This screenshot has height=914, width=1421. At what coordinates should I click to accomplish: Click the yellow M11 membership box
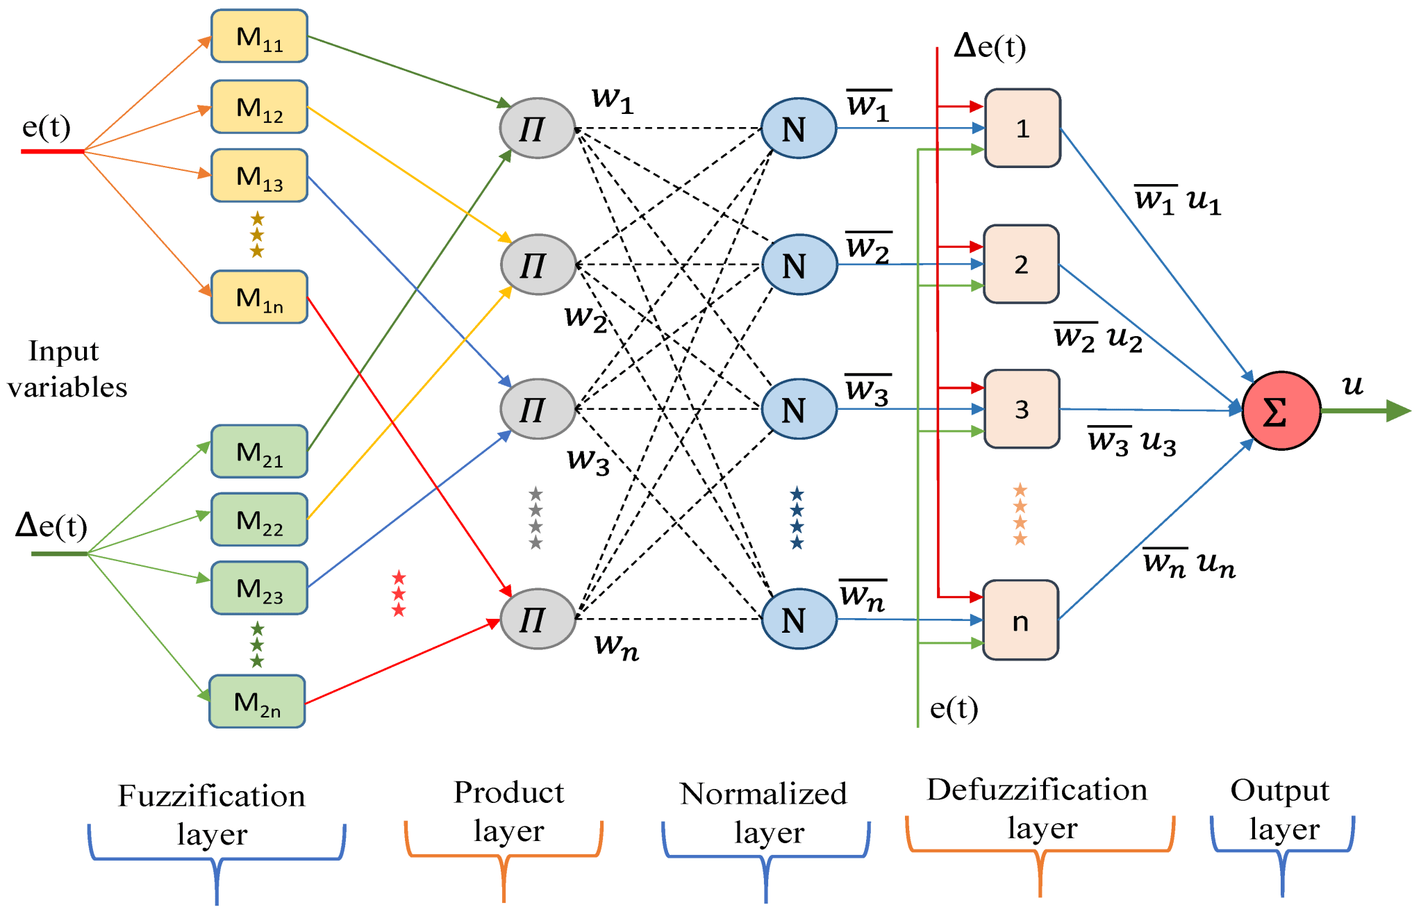pos(259,36)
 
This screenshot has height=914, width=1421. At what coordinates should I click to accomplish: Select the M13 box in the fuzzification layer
pos(259,176)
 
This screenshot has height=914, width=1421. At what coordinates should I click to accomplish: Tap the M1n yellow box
pos(259,297)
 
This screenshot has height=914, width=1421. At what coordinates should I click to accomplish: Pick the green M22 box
pos(259,520)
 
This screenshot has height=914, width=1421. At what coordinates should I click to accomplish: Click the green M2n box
pos(257,701)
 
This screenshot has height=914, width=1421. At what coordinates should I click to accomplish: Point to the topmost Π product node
pos(538,128)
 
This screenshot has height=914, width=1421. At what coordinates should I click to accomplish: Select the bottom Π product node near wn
pos(538,619)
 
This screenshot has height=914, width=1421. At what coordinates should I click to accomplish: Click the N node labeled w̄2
pos(799,265)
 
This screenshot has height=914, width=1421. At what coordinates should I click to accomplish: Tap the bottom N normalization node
pos(799,619)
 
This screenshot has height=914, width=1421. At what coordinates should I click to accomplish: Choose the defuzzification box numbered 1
pos(1022,128)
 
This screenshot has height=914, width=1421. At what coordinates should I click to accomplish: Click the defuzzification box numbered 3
pos(1022,409)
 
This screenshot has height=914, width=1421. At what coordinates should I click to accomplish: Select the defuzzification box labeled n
pos(1020,620)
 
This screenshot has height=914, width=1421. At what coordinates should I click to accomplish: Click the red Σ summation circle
pos(1281,411)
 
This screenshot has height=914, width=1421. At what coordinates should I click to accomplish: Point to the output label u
pos(1352,384)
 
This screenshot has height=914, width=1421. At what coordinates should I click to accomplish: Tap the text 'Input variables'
pos(67,369)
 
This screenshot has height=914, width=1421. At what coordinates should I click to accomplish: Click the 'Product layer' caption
pos(508,811)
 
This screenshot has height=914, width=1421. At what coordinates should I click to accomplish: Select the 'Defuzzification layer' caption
pos(1038,808)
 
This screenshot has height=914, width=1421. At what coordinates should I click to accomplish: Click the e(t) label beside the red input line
pos(47,127)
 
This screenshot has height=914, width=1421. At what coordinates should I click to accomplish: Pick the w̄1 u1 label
pos(1177,201)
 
